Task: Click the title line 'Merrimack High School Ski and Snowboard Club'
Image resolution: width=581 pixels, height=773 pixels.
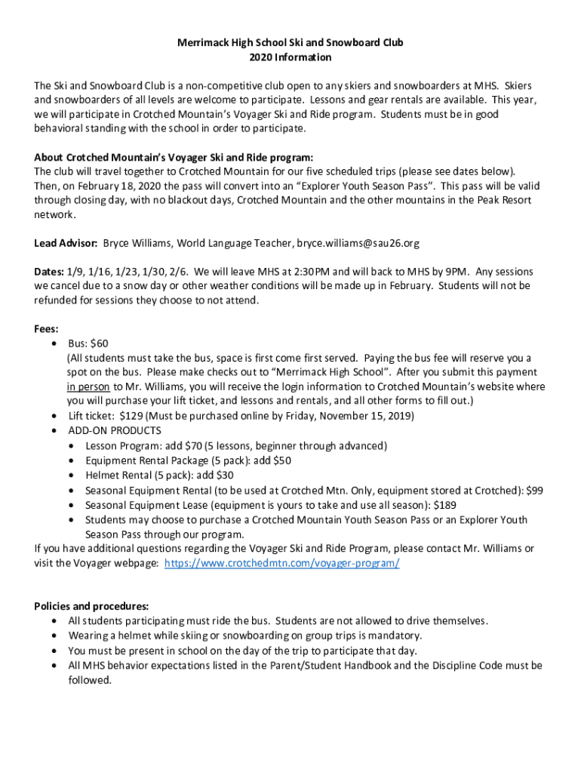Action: point(290,42)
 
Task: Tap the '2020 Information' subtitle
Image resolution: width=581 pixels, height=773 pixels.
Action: point(290,57)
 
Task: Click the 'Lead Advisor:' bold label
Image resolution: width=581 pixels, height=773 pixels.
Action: point(66,244)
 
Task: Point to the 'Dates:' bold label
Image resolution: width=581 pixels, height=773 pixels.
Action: point(49,272)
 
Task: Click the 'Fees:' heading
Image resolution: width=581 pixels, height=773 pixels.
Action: point(47,329)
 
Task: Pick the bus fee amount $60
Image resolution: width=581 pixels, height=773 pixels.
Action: point(99,343)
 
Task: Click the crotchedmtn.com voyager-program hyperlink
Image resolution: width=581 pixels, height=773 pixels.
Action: point(281,563)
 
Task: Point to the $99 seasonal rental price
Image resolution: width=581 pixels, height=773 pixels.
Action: point(534,490)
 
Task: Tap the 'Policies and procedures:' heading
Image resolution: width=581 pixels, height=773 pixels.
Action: point(91,606)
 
